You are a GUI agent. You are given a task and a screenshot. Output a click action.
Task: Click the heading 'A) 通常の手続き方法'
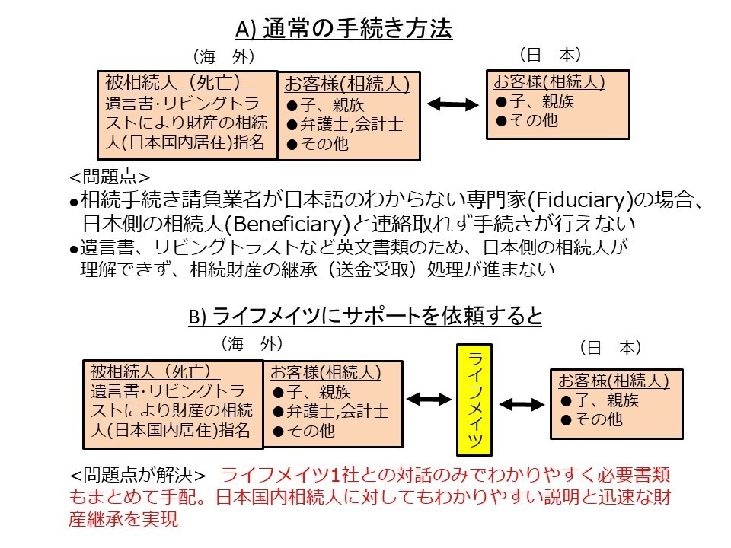(x=344, y=30)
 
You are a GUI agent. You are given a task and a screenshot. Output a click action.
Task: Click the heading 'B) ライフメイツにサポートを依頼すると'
(x=365, y=316)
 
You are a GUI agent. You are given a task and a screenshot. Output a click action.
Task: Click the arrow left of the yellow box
(x=430, y=398)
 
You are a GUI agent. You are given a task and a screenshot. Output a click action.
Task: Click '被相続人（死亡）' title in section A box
(x=174, y=81)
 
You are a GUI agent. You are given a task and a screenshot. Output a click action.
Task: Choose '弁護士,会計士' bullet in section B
(x=330, y=411)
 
